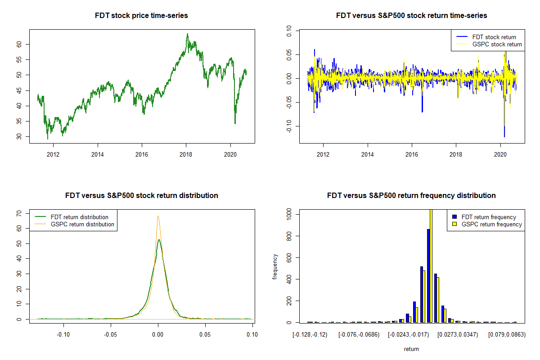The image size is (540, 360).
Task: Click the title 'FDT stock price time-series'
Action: pyautogui.click(x=141, y=16)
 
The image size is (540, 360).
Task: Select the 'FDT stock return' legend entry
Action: pyautogui.click(x=494, y=37)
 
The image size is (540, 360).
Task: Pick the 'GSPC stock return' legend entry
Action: pyautogui.click(x=497, y=44)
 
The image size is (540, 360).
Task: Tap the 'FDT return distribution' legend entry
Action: pyautogui.click(x=80, y=217)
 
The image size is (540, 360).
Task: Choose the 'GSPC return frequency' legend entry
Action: pyautogui.click(x=492, y=224)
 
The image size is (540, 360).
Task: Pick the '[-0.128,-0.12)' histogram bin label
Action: pyautogui.click(x=310, y=334)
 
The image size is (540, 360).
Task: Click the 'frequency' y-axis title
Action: pyautogui.click(x=275, y=266)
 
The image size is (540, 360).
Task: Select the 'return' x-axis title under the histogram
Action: pyautogui.click(x=411, y=349)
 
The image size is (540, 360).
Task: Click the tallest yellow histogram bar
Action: pyautogui.click(x=431, y=265)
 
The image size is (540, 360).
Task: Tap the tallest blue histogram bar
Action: pyautogui.click(x=428, y=275)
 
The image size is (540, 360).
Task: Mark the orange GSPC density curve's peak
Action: pyautogui.click(x=158, y=216)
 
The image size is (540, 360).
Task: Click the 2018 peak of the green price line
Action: pyautogui.click(x=188, y=34)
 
